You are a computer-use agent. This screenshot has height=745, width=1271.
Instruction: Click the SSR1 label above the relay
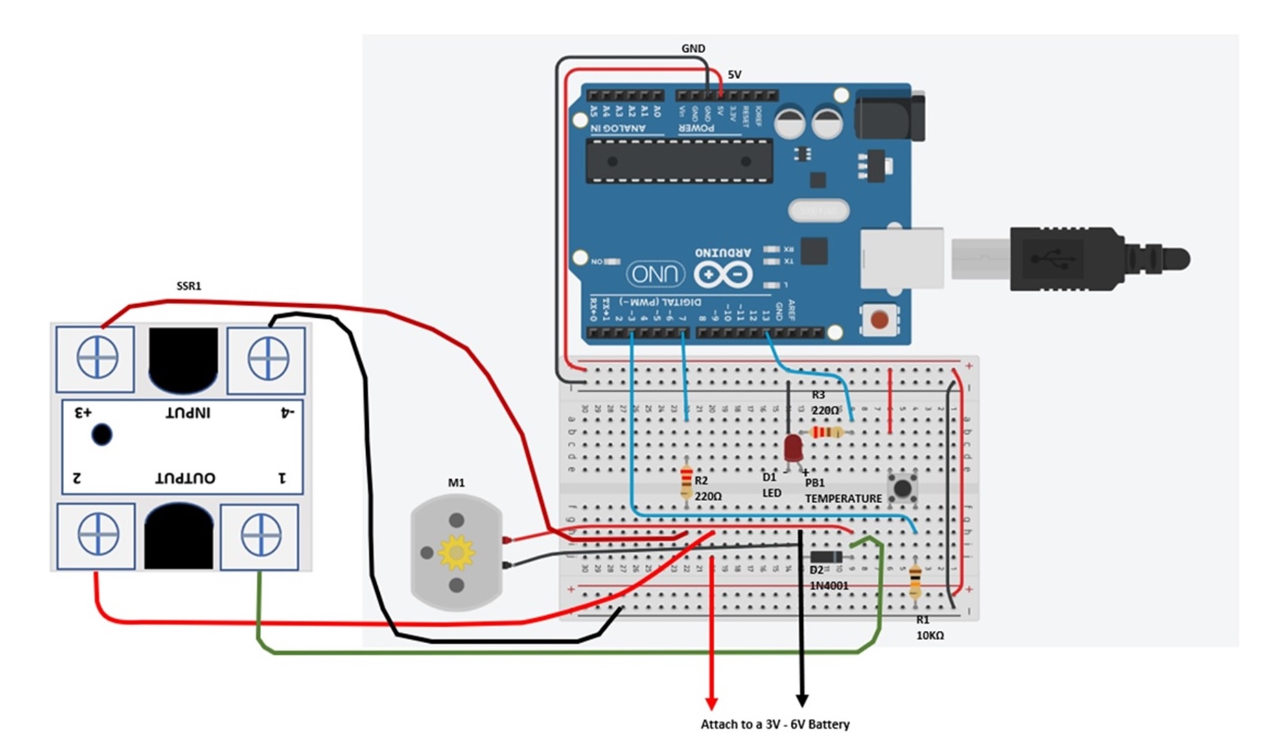coord(189,286)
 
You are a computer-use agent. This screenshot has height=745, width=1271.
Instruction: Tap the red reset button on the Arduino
coord(879,320)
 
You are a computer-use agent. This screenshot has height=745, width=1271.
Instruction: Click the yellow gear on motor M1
coord(456,552)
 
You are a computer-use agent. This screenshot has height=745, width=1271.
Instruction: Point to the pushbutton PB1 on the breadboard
coord(902,487)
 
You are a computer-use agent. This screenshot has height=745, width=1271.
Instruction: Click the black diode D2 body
coord(826,557)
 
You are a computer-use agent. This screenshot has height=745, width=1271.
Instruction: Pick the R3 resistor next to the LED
coord(827,432)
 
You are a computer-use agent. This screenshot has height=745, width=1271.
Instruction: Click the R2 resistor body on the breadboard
coord(686,483)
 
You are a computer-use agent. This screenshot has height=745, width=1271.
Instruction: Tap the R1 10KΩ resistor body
coord(915,581)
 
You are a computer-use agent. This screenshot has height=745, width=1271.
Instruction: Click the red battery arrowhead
coord(712,704)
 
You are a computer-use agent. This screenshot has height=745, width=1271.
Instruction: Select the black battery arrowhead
coord(802,701)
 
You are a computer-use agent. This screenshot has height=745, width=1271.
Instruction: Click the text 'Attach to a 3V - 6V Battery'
coord(775,724)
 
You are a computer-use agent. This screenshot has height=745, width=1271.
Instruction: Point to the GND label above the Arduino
coord(693,49)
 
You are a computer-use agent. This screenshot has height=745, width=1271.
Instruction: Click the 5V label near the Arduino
coord(734,75)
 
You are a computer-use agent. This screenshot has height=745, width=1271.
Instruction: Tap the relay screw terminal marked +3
coord(97,358)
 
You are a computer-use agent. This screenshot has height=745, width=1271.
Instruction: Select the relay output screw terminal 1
coord(260,536)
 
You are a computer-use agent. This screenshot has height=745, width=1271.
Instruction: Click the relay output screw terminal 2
coord(98,535)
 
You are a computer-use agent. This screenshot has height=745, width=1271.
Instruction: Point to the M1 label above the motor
coord(456,482)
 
